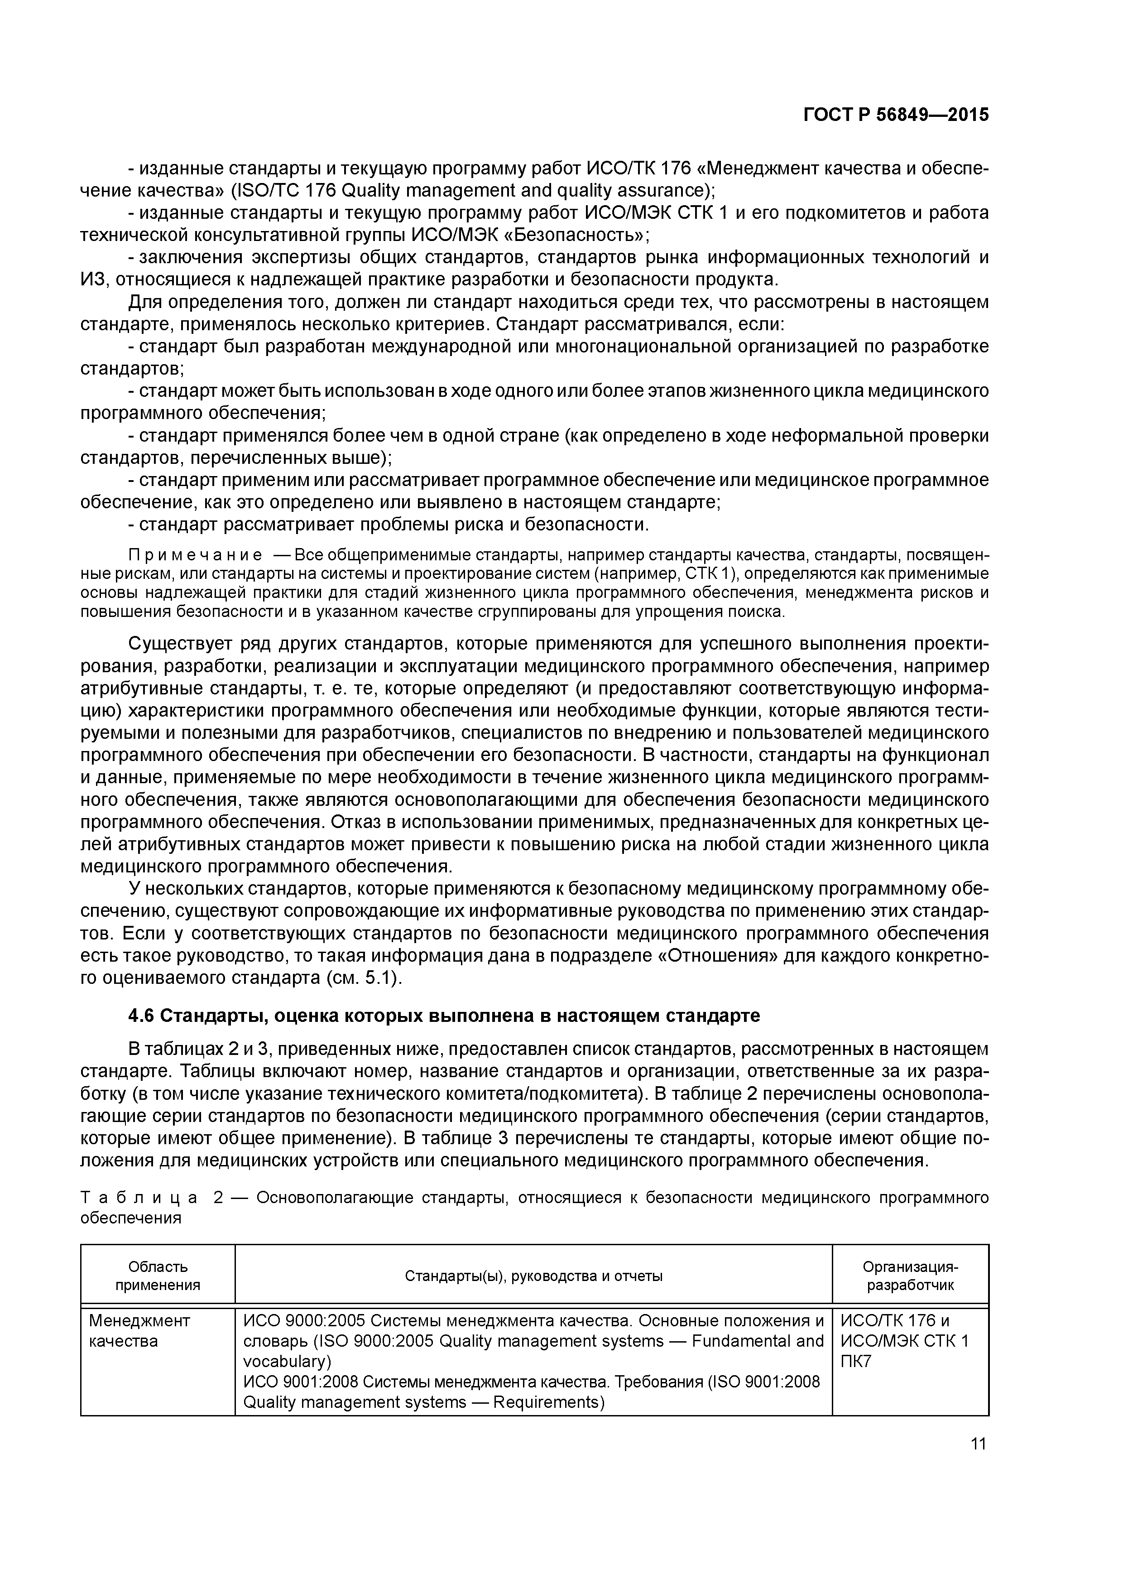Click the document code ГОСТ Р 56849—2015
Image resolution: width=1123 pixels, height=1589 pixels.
(x=896, y=115)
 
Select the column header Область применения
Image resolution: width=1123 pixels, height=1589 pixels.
(x=158, y=1276)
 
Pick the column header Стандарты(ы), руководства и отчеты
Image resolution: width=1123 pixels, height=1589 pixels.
(x=533, y=1276)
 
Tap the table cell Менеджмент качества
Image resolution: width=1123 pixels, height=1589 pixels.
(x=139, y=1330)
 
